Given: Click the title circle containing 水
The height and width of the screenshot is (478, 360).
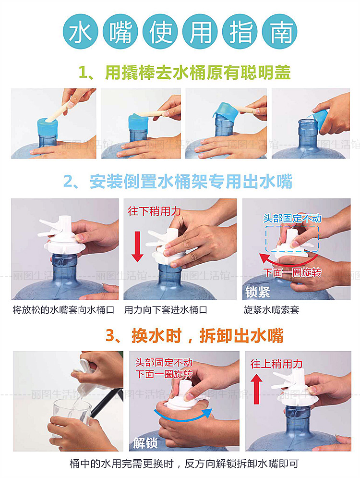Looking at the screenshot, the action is [x=81, y=31].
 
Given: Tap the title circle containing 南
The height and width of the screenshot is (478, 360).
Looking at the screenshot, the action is [x=279, y=31].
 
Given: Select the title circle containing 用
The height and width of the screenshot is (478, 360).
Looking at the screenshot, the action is [x=200, y=31].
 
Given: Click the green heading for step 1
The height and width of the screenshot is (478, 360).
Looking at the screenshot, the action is [x=185, y=73].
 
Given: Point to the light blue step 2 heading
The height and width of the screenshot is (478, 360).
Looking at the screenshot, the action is [x=178, y=182].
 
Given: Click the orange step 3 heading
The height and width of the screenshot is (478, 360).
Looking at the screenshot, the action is [x=194, y=336].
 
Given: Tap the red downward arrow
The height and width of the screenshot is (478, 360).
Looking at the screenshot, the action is [x=137, y=246].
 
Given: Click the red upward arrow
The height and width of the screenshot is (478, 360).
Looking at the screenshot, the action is [x=256, y=389].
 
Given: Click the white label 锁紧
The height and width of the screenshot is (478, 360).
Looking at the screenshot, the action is [x=258, y=292].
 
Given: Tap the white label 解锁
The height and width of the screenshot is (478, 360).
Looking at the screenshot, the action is [x=145, y=442].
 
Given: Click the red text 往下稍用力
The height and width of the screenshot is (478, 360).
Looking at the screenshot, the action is [x=155, y=211].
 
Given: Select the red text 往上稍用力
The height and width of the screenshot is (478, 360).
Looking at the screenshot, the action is [x=276, y=364].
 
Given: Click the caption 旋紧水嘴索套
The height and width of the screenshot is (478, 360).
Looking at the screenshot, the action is [x=271, y=310].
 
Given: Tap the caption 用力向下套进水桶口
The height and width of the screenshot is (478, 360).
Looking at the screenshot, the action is [x=166, y=310].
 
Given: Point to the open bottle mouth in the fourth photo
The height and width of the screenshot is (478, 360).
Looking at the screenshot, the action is [x=308, y=122].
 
